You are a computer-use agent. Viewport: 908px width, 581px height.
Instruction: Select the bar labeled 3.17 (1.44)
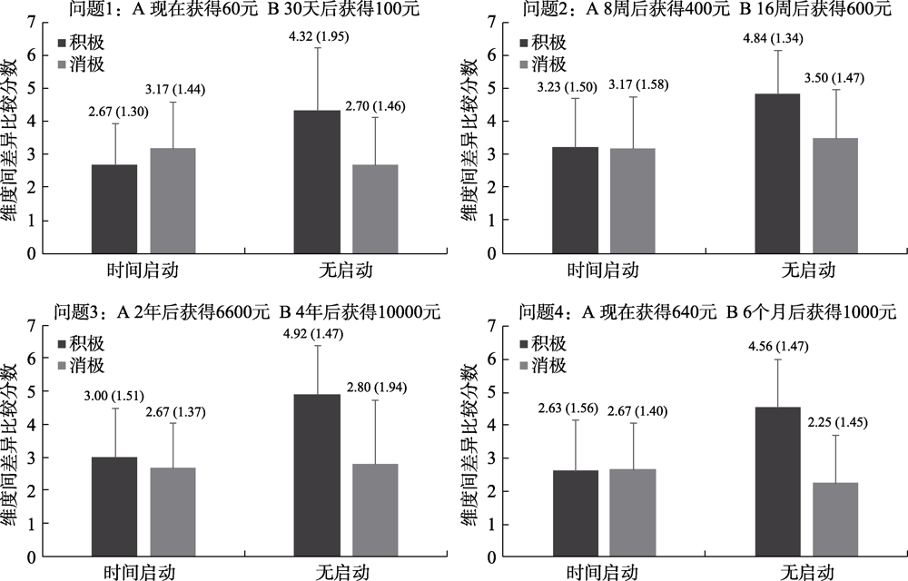173,200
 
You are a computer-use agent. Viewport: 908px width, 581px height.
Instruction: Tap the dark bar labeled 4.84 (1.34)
777,173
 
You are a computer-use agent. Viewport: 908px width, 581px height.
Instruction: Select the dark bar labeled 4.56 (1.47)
777,481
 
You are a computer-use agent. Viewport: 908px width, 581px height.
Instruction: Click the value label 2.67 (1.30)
113,113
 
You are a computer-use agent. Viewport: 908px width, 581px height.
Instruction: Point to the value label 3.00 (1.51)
114,397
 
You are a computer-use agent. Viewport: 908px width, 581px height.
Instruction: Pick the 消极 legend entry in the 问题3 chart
89,366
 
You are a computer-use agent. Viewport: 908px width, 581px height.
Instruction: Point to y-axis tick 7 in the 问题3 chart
33,325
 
